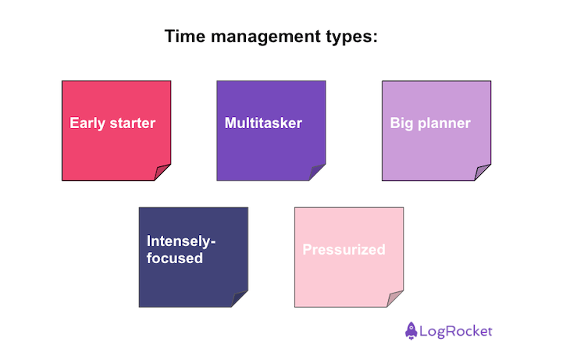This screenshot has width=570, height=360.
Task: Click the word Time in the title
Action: click(x=183, y=37)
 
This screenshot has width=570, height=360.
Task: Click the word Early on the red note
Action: click(x=87, y=123)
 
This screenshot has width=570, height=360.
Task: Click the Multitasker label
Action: click(x=263, y=123)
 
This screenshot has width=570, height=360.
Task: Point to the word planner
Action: click(x=444, y=123)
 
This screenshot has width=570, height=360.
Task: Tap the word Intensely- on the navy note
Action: click(x=181, y=241)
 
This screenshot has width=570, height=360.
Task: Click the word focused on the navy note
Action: click(x=174, y=258)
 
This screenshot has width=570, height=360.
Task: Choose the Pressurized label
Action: click(x=344, y=250)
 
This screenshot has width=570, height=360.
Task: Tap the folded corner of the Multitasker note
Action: click(x=317, y=173)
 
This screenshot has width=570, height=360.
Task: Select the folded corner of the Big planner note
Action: click(x=483, y=173)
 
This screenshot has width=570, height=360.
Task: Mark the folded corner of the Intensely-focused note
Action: click(x=240, y=299)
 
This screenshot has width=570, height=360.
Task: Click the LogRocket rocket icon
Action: click(x=411, y=330)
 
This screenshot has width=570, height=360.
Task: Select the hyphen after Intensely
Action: click(x=213, y=243)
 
